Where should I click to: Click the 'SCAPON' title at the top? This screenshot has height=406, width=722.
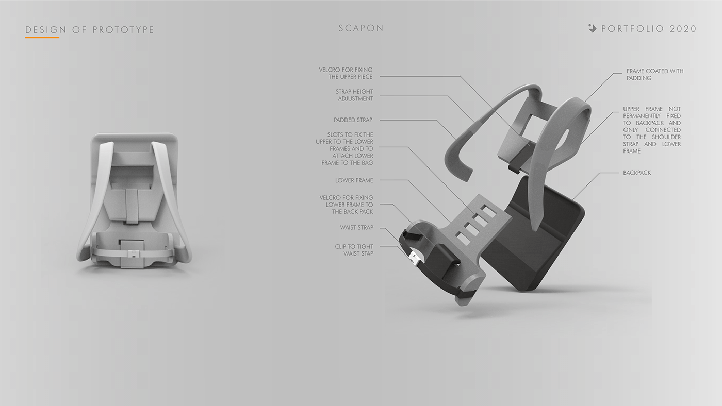pyautogui.click(x=361, y=28)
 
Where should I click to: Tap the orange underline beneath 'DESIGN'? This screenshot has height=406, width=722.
pyautogui.click(x=42, y=37)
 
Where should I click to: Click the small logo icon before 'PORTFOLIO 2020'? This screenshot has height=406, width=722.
pyautogui.click(x=592, y=28)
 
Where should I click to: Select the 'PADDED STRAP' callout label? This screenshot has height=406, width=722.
pyautogui.click(x=353, y=120)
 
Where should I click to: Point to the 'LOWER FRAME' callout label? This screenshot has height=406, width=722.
pyautogui.click(x=354, y=180)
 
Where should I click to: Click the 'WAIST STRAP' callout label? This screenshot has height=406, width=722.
pyautogui.click(x=356, y=227)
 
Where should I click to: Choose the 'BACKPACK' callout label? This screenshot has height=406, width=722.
pyautogui.click(x=637, y=173)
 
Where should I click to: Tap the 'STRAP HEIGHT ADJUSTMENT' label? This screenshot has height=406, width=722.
pyautogui.click(x=354, y=95)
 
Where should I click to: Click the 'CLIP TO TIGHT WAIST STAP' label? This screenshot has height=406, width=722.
pyautogui.click(x=354, y=250)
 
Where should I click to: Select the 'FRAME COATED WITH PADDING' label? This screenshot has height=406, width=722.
pyautogui.click(x=654, y=74)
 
